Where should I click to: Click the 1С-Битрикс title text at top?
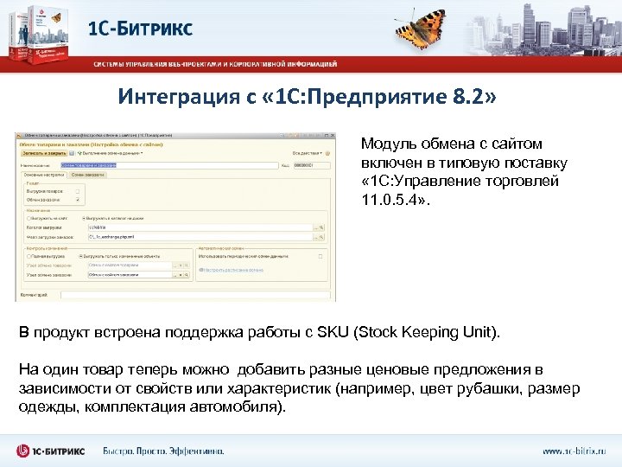tap(141, 28)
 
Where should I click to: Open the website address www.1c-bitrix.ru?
tap(574, 451)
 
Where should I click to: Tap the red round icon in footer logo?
tap(26, 450)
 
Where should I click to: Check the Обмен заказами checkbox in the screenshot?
tap(78, 199)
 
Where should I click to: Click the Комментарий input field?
tap(194, 293)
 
